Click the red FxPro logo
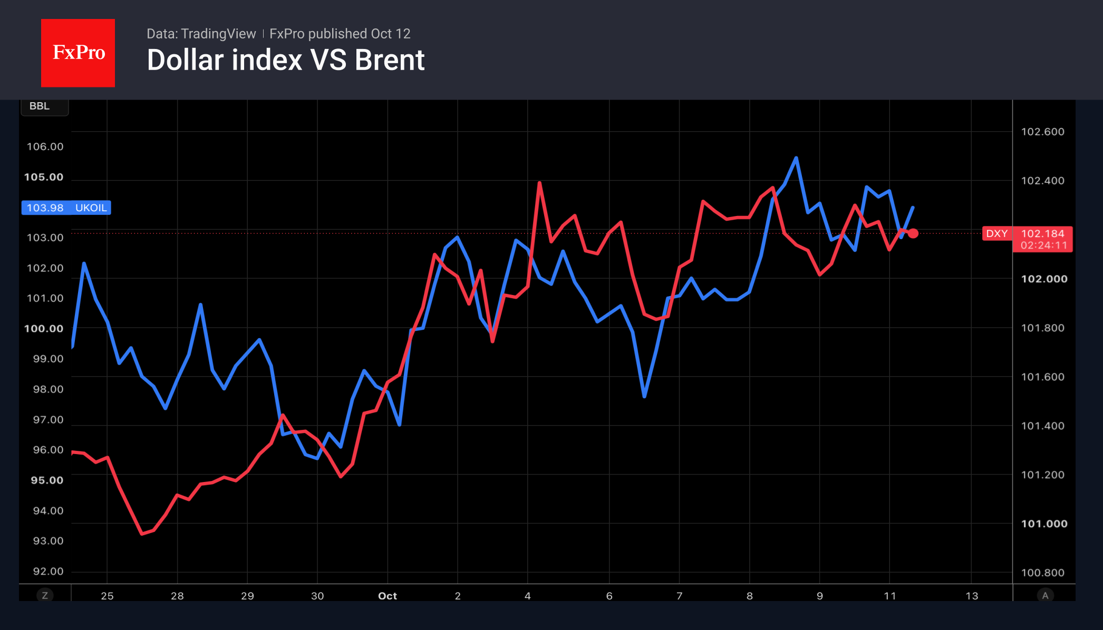[78, 53]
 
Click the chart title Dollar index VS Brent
[286, 60]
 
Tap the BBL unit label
[40, 106]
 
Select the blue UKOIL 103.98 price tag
[66, 208]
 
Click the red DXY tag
[997, 233]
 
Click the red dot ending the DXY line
[913, 233]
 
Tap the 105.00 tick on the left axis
[44, 177]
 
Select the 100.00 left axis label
[44, 329]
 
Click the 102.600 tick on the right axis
[1043, 132]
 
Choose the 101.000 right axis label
[1044, 524]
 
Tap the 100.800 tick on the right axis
[1043, 573]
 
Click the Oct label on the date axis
[388, 596]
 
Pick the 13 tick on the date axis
[972, 596]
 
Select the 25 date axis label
[107, 596]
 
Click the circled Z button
[45, 596]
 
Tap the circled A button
[1045, 596]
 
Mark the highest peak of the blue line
[796, 157]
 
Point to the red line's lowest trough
[142, 534]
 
